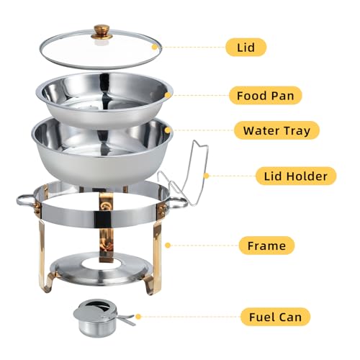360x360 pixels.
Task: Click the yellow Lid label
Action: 245,48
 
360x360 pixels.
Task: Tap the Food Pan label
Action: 265,94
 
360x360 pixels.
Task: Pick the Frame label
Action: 267,246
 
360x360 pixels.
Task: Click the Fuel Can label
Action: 276,315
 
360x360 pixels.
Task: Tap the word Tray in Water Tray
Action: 295,130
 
